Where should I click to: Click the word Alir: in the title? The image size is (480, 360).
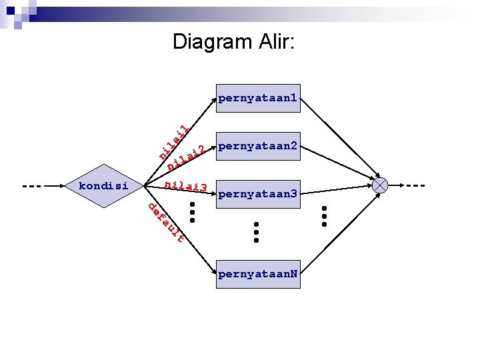tap(275, 42)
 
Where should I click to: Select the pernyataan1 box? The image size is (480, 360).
tap(258, 99)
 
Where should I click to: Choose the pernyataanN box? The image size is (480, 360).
tap(258, 275)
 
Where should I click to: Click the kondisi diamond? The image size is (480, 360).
tap(104, 185)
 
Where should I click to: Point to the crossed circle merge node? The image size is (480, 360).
tap(381, 185)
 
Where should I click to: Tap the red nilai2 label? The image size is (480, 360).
tap(185, 157)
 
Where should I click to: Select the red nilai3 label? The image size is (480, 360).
tap(186, 186)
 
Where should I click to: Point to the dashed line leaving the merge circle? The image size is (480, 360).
tap(417, 185)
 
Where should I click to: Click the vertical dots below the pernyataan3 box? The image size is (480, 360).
tap(256, 232)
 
